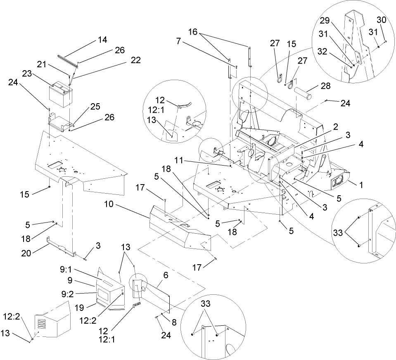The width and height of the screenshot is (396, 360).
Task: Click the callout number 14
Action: pyautogui.click(x=102, y=40)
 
